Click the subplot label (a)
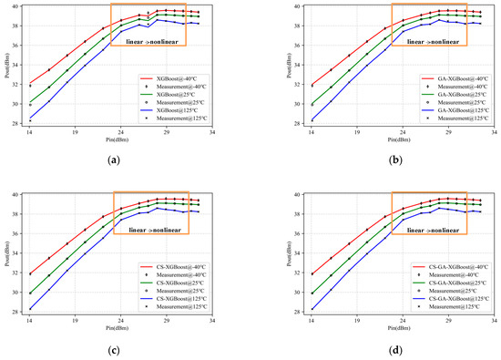point(113,160)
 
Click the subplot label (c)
point(113,349)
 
